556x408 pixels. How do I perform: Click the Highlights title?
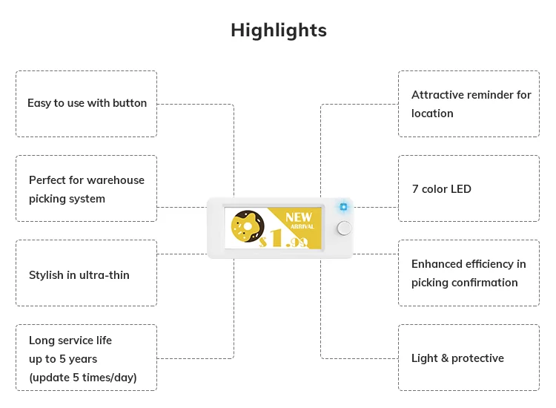[x=278, y=30]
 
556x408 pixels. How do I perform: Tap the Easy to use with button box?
[x=86, y=104]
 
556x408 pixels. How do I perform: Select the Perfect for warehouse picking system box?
[x=86, y=188]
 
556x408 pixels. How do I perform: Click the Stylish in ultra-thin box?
[x=86, y=273]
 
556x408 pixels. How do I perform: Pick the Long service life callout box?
[x=86, y=358]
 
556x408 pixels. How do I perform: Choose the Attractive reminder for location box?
[x=469, y=104]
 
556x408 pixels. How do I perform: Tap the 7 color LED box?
[x=469, y=188]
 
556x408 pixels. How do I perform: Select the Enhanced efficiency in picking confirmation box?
[x=469, y=273]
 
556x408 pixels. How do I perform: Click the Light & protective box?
[x=469, y=358]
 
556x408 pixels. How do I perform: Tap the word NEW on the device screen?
[x=299, y=217]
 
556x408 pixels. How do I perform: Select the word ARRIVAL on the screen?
[x=303, y=226]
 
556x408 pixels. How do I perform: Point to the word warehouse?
[x=116, y=180]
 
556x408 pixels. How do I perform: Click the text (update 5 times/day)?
[x=83, y=378]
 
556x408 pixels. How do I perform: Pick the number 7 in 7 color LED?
[x=415, y=189]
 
